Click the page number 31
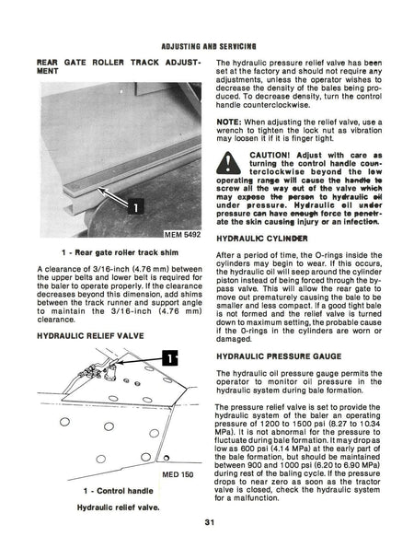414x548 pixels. [210, 523]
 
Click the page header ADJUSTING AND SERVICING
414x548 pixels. [209, 46]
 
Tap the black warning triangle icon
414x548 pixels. [228, 163]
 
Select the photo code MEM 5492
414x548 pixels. [182, 235]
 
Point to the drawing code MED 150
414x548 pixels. [178, 474]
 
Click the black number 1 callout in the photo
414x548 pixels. [135, 207]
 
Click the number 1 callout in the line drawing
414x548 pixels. [169, 358]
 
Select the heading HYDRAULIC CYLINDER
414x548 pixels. [262, 239]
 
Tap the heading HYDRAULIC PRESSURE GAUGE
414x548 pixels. [279, 356]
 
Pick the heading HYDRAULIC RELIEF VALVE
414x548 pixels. [90, 336]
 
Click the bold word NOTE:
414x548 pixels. [229, 122]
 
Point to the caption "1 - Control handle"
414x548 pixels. [118, 491]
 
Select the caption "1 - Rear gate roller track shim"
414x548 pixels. [120, 252]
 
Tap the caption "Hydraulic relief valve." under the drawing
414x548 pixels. [118, 507]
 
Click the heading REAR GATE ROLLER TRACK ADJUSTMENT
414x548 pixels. [119, 66]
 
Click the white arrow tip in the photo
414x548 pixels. [98, 189]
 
